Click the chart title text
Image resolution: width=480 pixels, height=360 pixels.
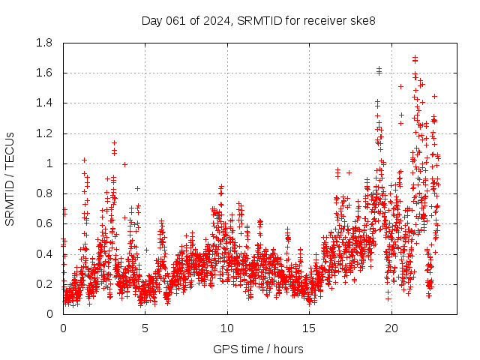click(258, 20)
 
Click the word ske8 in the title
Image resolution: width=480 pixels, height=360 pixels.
click(361, 20)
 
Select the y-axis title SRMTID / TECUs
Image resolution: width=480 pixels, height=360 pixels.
click(10, 178)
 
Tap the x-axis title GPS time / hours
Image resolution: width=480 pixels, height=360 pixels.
click(258, 349)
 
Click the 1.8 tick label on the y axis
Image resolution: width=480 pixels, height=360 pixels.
click(45, 43)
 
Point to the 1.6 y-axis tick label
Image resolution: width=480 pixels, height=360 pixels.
click(45, 73)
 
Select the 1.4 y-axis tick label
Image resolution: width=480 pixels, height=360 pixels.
click(45, 103)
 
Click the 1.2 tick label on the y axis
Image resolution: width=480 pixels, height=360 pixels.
click(45, 133)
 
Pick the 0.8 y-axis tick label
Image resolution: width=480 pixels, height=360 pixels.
click(45, 193)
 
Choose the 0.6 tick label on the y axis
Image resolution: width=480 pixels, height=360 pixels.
click(45, 223)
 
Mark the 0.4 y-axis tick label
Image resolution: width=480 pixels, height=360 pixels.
click(45, 254)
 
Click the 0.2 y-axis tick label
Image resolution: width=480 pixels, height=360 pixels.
click(45, 284)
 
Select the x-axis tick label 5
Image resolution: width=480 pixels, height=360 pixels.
click(145, 328)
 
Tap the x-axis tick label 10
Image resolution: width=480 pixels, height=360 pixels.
click(227, 328)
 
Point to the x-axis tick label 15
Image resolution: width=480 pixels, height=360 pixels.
click(309, 328)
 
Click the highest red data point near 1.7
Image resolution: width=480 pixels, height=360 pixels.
click(415, 57)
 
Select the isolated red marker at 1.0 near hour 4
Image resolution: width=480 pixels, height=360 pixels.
click(124, 163)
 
